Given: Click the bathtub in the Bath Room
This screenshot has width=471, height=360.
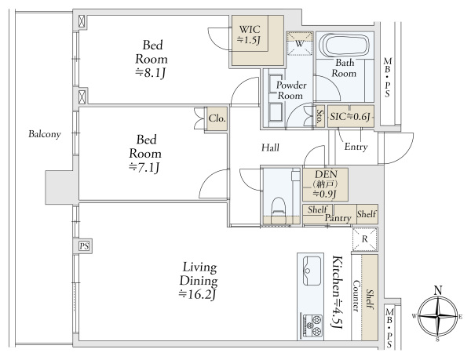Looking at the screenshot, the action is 345,45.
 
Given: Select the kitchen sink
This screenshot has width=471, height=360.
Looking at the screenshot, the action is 312,271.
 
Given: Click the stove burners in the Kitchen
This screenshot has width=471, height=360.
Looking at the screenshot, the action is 312,325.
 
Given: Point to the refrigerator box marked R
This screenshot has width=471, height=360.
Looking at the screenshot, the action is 365,239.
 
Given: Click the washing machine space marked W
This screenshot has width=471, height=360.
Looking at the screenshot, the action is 300,44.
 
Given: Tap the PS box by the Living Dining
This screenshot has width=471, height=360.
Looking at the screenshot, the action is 84,246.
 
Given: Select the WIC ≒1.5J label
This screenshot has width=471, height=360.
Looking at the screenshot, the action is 250,35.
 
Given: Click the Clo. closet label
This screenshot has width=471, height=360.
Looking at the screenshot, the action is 217,118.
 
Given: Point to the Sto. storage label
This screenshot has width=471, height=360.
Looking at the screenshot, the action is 319,117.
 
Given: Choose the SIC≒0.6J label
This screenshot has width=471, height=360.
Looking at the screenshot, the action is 350,116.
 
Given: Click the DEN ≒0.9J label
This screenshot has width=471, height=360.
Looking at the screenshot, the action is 326,184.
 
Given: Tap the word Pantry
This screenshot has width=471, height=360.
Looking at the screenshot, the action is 338,218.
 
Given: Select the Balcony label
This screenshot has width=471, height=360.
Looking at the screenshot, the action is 45,134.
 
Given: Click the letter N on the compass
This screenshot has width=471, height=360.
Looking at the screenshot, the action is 438,290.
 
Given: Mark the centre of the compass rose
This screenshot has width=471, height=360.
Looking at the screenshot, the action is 438,316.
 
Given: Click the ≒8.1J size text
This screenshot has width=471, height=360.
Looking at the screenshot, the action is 151,73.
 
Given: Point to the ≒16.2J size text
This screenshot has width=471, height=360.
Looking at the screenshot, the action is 198,294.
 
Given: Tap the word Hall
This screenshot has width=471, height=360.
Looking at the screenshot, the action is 270,147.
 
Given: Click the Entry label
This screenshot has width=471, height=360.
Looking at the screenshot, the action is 356,147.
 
